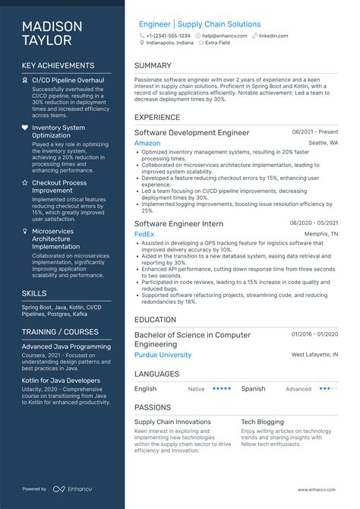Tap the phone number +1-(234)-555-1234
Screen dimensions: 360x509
click(x=169, y=36)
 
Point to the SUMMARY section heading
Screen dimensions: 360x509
click(x=153, y=66)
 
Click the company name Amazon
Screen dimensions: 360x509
click(x=147, y=143)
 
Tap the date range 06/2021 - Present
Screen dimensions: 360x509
click(x=314, y=132)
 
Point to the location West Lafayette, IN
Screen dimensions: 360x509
click(x=314, y=355)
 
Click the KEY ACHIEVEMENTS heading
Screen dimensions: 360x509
click(x=58, y=66)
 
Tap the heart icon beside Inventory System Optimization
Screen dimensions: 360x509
click(x=25, y=128)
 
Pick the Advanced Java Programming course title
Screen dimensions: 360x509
click(x=66, y=346)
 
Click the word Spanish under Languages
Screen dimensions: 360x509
click(x=253, y=388)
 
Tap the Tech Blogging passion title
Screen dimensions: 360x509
click(x=263, y=422)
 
